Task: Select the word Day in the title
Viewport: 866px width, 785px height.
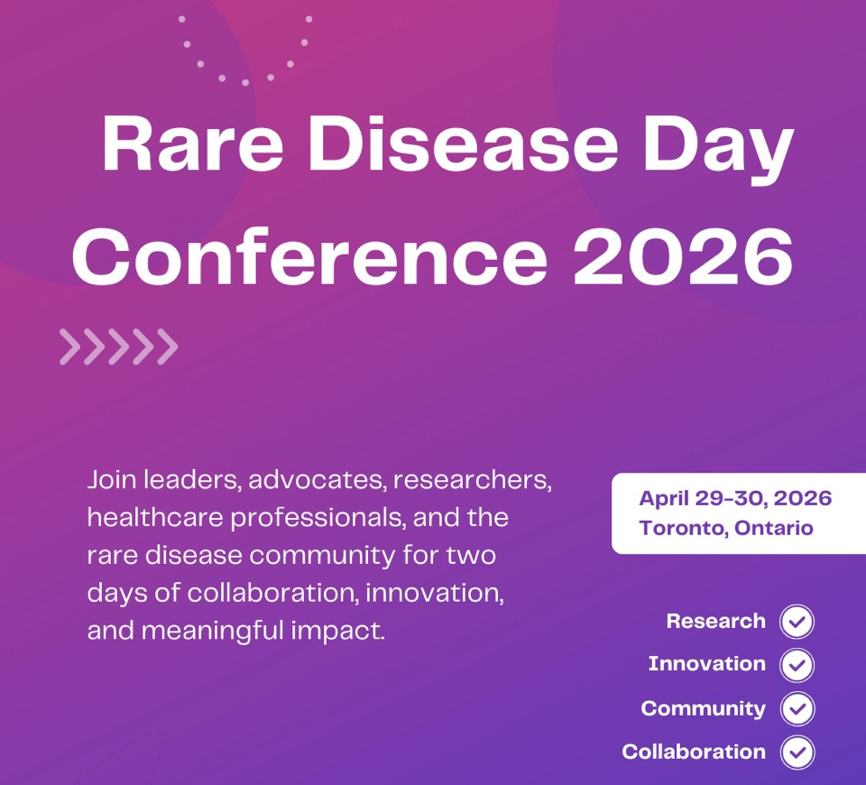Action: click(718, 149)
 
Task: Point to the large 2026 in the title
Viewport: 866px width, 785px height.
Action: click(683, 256)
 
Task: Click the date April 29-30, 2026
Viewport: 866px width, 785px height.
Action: click(735, 498)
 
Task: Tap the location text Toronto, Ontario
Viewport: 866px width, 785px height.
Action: click(726, 528)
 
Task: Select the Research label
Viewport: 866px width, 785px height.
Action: click(715, 621)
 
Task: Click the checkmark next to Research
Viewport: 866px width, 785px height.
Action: click(797, 622)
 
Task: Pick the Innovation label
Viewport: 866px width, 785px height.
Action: click(707, 663)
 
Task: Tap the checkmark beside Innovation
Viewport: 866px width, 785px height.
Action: click(797, 665)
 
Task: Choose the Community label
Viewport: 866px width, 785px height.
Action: click(703, 708)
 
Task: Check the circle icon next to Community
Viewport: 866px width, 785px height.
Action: click(797, 708)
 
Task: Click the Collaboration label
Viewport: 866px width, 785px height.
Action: click(694, 752)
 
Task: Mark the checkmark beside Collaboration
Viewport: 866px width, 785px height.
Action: click(797, 752)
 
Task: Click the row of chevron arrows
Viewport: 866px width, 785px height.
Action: click(119, 346)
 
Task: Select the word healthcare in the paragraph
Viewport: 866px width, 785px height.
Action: click(155, 518)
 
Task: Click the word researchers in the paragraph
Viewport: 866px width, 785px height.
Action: click(473, 480)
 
